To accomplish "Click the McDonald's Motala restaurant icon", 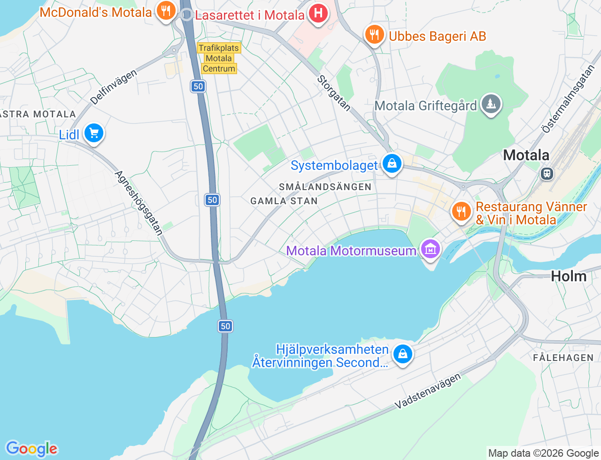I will point(165,10).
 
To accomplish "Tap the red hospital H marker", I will point(318,13).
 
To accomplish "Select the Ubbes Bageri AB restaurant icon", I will point(374,35).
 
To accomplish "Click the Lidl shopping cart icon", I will point(94,133).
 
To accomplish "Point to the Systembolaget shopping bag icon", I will point(392,164).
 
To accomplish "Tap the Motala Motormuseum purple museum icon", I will point(430,249).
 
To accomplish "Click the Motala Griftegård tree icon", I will point(491,104).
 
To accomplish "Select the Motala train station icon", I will point(547,174).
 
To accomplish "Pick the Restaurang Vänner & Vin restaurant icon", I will point(461,211).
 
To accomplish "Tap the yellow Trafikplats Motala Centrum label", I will point(219,58).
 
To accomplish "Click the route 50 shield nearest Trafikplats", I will point(198,86).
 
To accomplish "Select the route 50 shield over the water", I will point(225,326).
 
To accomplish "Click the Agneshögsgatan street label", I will point(139,203).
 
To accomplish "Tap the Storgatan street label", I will point(334,93).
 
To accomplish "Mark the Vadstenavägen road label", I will point(428,391).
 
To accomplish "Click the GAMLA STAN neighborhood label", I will point(284,201).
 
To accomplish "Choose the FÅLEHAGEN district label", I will point(563,358).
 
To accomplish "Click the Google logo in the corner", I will point(31,449).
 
